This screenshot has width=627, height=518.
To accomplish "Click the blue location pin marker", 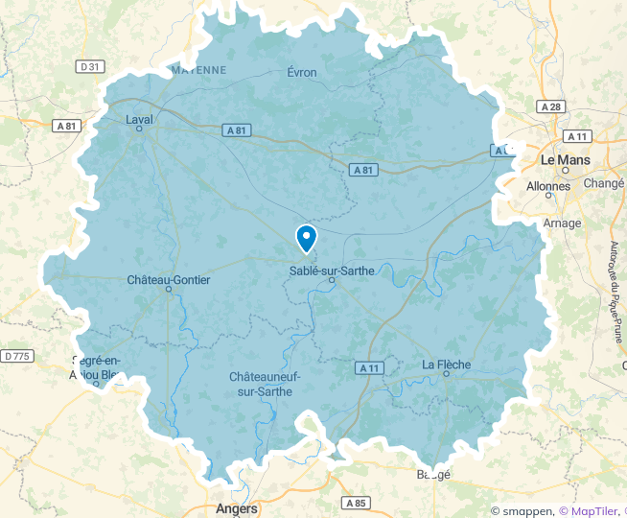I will click(x=307, y=237).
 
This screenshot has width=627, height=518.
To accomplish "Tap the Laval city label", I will click(x=139, y=120).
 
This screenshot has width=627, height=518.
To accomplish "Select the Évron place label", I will click(x=302, y=73).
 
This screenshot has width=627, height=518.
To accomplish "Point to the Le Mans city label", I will click(x=566, y=159).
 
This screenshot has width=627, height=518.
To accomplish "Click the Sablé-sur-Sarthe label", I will click(x=332, y=271).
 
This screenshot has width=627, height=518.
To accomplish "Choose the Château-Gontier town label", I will click(x=168, y=280).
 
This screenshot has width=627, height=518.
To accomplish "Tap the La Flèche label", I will click(x=446, y=365).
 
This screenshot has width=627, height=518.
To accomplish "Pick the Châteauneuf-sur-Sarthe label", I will click(x=265, y=384).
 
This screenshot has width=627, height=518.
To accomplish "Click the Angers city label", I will click(x=237, y=508).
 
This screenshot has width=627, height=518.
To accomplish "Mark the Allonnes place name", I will click(x=548, y=185).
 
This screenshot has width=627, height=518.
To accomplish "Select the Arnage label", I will click(x=562, y=224).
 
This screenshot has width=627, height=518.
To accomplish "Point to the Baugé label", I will click(x=433, y=474).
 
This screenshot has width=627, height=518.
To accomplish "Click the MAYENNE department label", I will click(x=198, y=70).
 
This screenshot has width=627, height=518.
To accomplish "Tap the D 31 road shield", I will click(x=90, y=66).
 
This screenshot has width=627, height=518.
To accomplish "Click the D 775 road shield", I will click(x=16, y=356).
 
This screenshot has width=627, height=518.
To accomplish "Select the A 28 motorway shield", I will click(x=551, y=107).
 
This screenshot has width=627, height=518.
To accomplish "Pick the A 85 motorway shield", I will click(x=356, y=503).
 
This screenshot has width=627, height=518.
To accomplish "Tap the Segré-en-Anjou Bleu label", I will click(x=96, y=368).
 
